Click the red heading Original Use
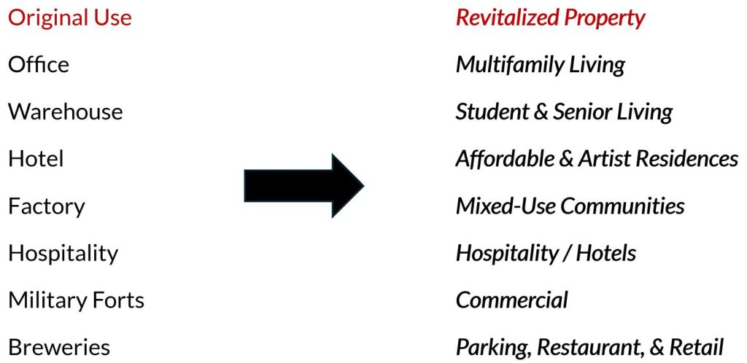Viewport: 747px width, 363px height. tap(69, 17)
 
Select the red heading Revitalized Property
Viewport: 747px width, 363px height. tap(550, 18)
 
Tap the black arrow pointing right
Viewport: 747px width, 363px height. tap(304, 186)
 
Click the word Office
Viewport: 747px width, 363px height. tap(39, 64)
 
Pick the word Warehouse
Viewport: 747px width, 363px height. tap(65, 112)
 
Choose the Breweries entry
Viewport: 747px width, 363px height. tap(59, 347)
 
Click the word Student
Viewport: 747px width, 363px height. tap(492, 112)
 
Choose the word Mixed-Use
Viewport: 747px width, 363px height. tap(506, 206)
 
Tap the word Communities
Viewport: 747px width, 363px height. tap(623, 206)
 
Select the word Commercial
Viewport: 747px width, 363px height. tap(512, 300)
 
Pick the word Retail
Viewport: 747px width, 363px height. tap(697, 347)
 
